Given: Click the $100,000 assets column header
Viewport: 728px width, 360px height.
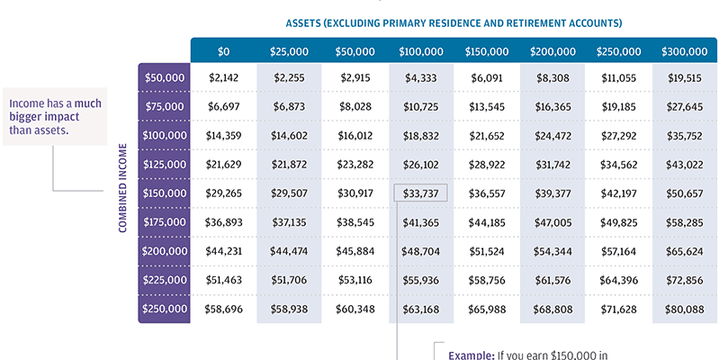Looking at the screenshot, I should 420,52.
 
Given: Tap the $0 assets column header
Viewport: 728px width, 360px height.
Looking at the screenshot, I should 223,52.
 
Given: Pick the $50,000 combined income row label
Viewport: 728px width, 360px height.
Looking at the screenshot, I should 165,77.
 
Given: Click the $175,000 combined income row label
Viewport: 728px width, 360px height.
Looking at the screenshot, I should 165,222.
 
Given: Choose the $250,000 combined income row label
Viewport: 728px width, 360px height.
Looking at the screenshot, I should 165,310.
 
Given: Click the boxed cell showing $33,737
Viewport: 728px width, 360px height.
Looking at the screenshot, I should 420,193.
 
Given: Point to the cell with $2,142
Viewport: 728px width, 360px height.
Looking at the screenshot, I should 223,77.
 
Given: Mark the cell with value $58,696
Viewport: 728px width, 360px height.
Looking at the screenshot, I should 223,310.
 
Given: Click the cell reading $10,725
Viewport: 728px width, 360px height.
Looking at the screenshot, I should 420,106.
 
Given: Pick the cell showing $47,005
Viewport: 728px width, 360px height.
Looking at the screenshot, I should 553,222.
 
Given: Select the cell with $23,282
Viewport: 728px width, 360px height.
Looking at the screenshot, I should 355,165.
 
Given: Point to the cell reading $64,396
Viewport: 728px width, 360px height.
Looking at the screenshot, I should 618,281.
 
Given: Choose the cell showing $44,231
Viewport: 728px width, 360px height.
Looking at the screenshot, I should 223,252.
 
